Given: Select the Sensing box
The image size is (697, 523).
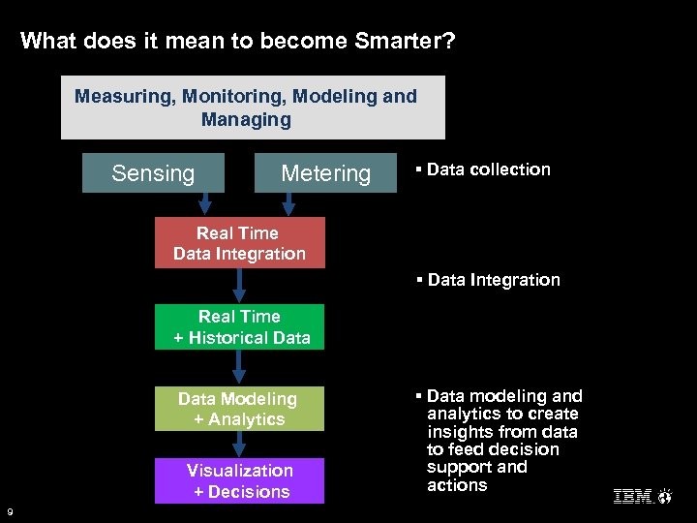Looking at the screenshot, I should click(153, 173).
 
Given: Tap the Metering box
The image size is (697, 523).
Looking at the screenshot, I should click(325, 173).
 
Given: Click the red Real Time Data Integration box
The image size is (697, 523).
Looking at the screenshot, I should click(239, 243).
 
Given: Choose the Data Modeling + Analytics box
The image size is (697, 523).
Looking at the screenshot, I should click(238, 409).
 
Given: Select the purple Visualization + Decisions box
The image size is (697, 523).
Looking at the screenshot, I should click(239, 481).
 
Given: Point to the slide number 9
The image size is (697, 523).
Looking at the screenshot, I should click(9, 511).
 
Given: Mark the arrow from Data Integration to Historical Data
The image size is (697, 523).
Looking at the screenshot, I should click(240, 286).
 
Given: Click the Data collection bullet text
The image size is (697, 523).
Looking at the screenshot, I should click(488, 169).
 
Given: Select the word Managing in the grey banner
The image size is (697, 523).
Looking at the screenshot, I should click(246, 120).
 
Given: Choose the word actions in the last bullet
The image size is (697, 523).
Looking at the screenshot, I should click(457, 485).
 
